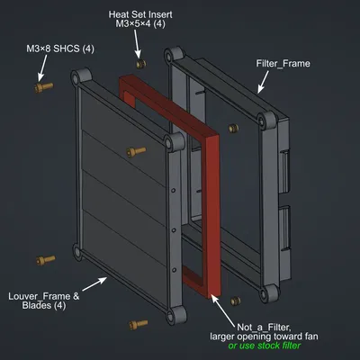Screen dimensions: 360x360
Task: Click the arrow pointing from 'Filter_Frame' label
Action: (264, 82)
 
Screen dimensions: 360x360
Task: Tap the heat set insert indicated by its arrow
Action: (139, 65)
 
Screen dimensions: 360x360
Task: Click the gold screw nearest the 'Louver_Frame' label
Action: (40, 261)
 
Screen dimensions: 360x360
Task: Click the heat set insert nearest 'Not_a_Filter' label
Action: (236, 301)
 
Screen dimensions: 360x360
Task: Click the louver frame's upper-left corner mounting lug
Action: (76, 84)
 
